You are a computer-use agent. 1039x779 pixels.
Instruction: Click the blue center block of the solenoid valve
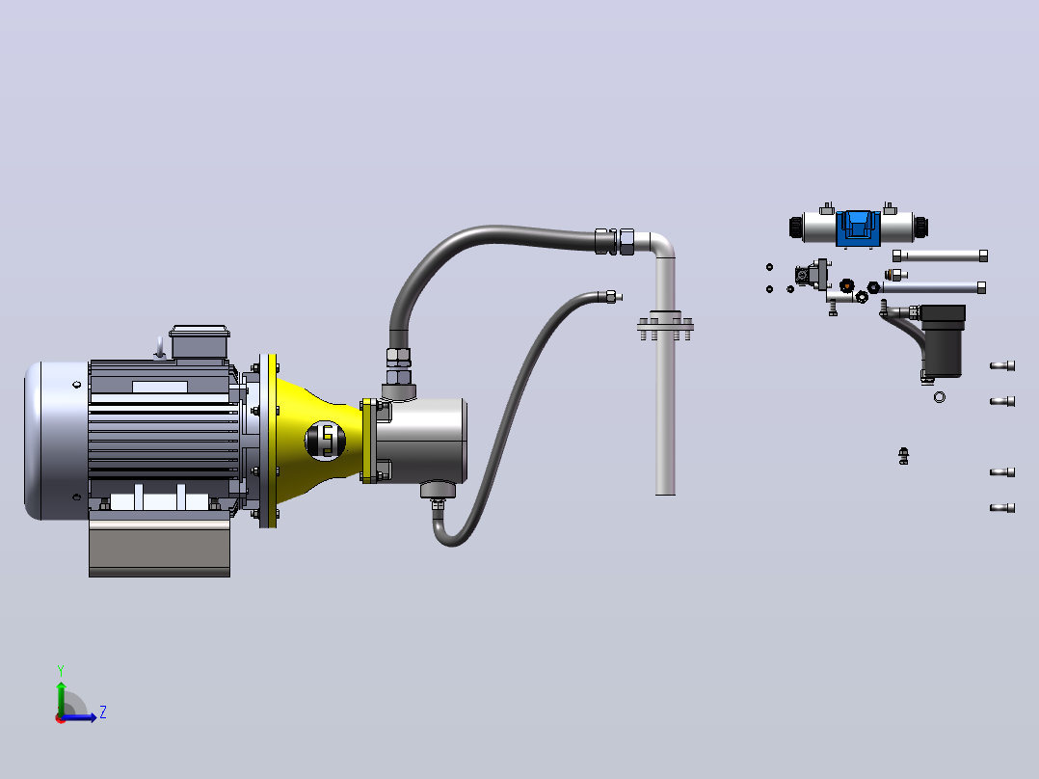[x=858, y=228]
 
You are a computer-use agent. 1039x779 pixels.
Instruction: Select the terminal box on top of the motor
[x=200, y=342]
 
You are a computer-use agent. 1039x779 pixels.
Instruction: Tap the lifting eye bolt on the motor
[x=160, y=347]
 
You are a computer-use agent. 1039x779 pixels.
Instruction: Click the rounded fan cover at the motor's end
[x=56, y=441]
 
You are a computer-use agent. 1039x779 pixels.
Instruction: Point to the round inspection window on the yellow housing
[x=326, y=441]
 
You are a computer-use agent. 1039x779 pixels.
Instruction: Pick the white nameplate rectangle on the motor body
[x=160, y=387]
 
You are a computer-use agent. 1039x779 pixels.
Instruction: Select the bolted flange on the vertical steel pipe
[x=665, y=326]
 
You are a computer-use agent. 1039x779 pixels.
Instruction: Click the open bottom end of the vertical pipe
[x=665, y=492]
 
